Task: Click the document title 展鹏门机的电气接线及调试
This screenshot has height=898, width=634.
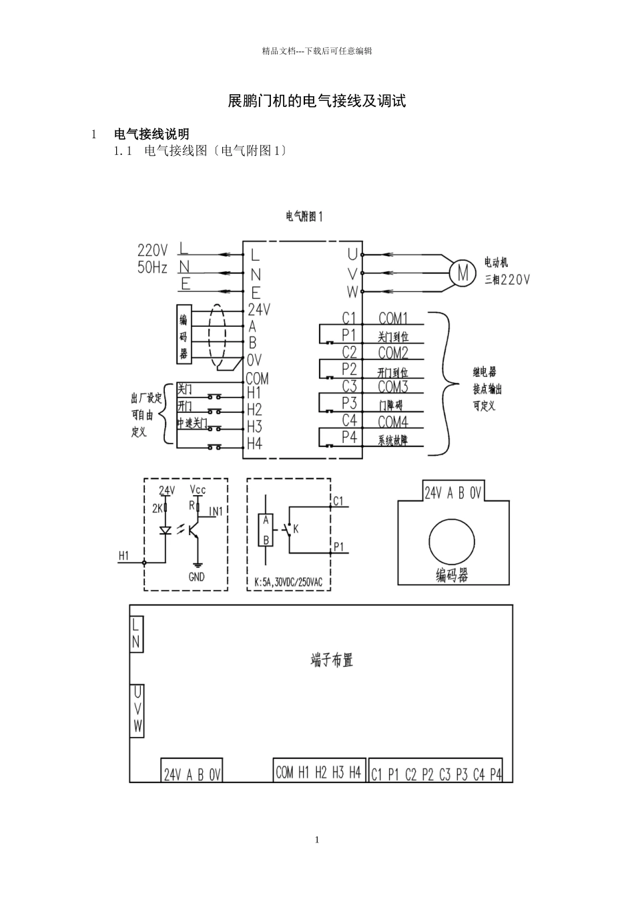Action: tap(317, 102)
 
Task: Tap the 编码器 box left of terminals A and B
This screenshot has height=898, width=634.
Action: tap(184, 334)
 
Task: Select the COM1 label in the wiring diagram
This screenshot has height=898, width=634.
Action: tap(393, 318)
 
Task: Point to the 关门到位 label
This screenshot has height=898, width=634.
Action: tap(393, 337)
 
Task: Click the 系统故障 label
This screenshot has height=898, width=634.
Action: tap(393, 440)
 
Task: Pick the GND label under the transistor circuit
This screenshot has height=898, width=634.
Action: tap(197, 577)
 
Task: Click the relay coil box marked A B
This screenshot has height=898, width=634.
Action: tap(266, 530)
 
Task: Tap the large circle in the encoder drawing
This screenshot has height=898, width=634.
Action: tap(452, 541)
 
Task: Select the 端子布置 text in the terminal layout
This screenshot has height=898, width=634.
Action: tap(332, 660)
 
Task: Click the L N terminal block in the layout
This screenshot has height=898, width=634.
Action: tap(136, 634)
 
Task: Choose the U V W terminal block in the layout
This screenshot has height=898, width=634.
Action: tap(137, 710)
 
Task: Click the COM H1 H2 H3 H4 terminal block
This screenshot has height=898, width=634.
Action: tap(318, 772)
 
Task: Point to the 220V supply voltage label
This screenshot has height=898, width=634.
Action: tap(152, 251)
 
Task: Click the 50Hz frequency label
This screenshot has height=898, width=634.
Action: tap(152, 267)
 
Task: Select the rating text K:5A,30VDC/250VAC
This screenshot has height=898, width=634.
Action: tap(288, 583)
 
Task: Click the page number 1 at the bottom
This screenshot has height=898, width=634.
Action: tap(317, 840)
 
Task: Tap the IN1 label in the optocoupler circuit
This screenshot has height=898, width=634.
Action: tap(216, 512)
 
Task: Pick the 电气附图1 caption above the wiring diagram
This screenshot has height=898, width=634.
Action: tap(304, 216)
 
